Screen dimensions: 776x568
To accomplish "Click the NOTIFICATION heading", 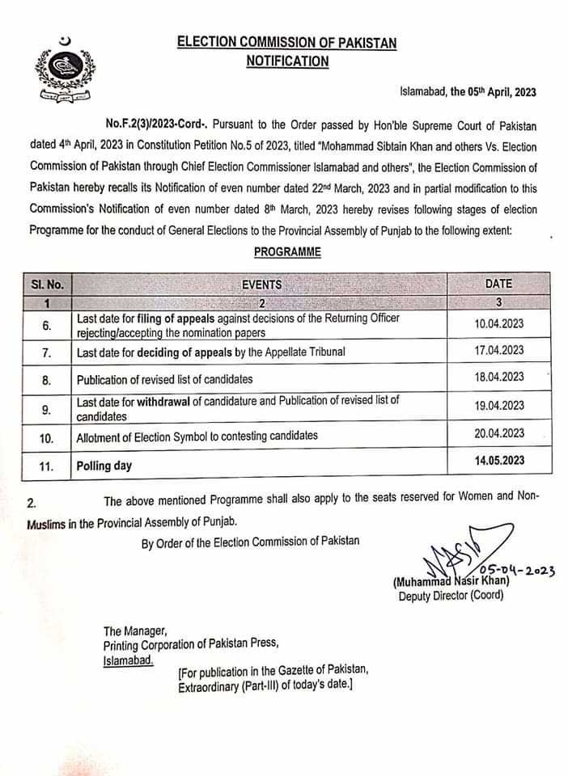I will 288,61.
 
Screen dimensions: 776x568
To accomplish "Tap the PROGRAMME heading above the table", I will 287,252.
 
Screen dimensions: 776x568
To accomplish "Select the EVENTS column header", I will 261,284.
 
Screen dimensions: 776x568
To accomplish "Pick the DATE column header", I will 498,284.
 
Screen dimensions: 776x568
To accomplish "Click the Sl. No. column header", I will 48,284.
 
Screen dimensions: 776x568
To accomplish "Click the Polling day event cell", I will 104,466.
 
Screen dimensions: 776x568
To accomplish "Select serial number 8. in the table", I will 47,379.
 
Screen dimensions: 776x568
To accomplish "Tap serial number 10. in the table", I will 47,437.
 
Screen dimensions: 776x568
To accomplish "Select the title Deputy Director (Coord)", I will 450,596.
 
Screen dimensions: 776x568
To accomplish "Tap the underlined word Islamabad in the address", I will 127,660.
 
